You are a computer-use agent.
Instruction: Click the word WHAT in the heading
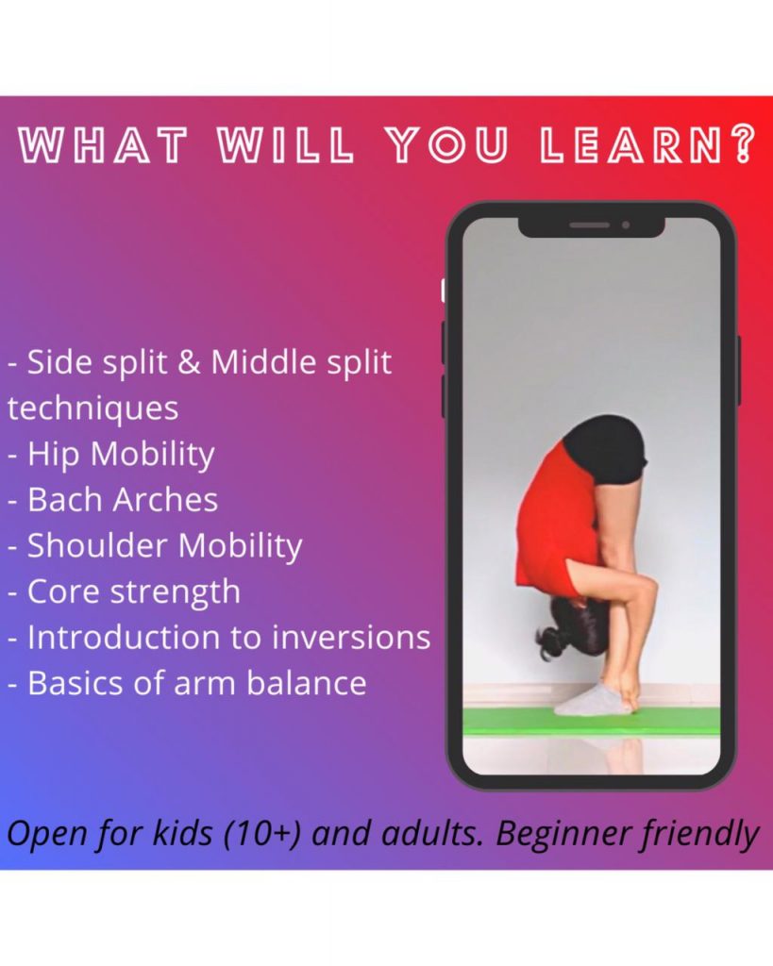102,145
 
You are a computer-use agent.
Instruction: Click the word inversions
351,637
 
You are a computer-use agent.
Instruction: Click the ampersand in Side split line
188,361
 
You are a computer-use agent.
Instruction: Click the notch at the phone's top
591,226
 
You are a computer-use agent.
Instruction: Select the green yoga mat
591,721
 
